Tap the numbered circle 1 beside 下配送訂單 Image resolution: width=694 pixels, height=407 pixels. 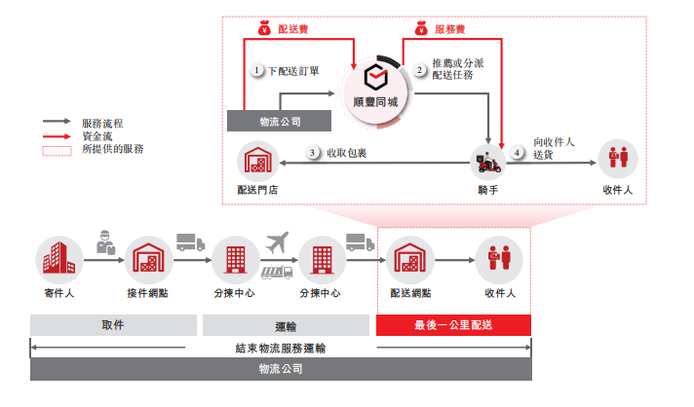[256, 71]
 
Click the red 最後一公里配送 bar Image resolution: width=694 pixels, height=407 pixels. [453, 326]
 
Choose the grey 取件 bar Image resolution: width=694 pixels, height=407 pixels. [112, 326]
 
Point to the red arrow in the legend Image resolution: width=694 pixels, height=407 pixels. [57, 137]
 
